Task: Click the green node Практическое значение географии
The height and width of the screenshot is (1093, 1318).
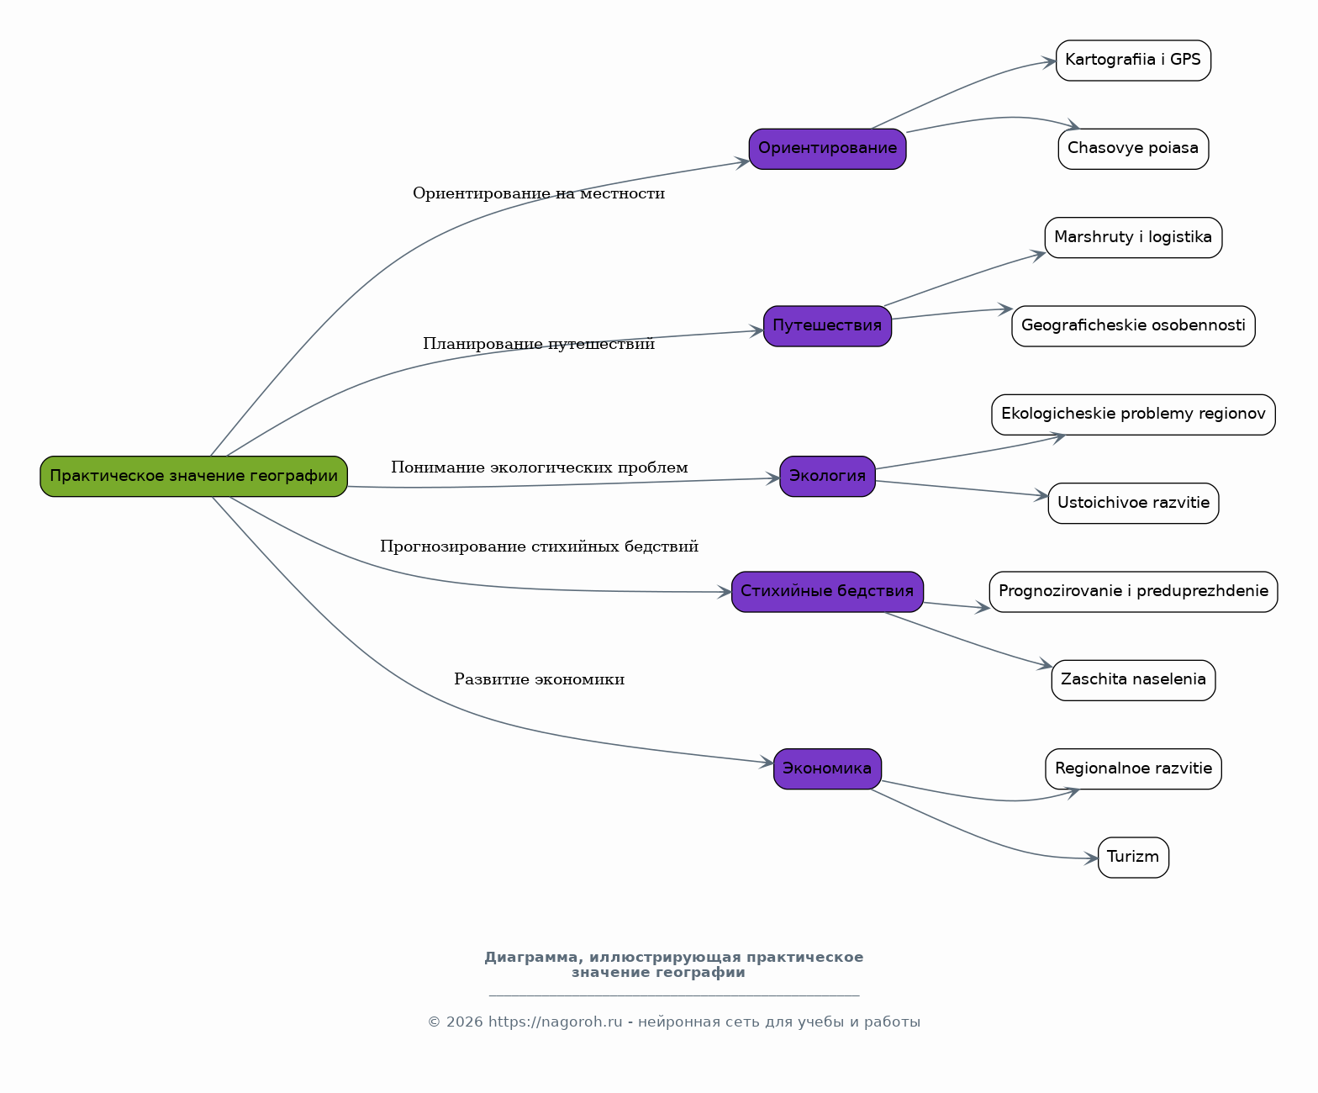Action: point(194,476)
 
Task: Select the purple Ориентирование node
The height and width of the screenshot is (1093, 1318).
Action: point(828,149)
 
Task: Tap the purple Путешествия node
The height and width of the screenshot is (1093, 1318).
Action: point(828,326)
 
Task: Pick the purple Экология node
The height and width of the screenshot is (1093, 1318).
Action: point(828,476)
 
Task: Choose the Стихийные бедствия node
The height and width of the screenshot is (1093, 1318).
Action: point(828,592)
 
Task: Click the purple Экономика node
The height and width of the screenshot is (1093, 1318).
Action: point(828,769)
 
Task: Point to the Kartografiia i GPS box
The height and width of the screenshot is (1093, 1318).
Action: point(1134,61)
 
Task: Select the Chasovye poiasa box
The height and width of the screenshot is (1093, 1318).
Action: point(1134,149)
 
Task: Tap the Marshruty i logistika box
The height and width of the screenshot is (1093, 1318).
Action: point(1134,237)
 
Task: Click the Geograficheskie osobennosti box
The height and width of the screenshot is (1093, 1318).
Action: point(1134,326)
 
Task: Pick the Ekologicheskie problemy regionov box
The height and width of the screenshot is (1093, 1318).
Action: point(1134,414)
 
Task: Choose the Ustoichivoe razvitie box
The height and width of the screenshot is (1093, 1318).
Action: point(1134,504)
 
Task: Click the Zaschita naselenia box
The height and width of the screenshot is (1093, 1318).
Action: point(1134,681)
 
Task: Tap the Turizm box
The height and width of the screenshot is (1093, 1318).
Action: point(1134,858)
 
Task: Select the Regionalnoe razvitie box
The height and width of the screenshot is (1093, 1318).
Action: point(1134,769)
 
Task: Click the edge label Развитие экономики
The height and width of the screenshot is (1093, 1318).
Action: point(540,679)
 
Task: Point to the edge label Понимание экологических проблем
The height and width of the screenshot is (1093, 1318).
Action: point(540,467)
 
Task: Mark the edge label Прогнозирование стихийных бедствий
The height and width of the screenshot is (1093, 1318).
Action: point(540,546)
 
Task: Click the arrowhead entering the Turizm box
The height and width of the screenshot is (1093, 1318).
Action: point(1091,858)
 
